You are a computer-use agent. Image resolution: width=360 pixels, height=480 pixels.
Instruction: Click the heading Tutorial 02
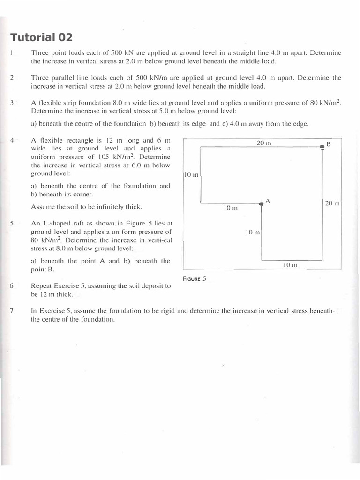pyautogui.click(x=41, y=37)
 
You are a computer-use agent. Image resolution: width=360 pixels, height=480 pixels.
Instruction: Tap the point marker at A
pyautogui.click(x=261, y=203)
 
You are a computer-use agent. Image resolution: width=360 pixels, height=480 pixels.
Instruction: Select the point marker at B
pyautogui.click(x=322, y=147)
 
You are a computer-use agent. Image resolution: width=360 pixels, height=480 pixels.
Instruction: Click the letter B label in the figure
pyautogui.click(x=329, y=144)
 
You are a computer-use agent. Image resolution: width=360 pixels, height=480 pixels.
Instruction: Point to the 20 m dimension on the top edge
pyautogui.click(x=264, y=142)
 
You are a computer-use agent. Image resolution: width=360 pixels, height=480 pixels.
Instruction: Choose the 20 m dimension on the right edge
pyautogui.click(x=332, y=203)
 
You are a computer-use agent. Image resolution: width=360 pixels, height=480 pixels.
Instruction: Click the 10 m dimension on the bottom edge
pyautogui.click(x=291, y=265)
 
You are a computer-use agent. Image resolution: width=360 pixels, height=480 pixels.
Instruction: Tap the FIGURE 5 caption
pyautogui.click(x=195, y=278)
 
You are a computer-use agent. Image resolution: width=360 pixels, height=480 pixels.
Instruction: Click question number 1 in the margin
pyautogui.click(x=10, y=53)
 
